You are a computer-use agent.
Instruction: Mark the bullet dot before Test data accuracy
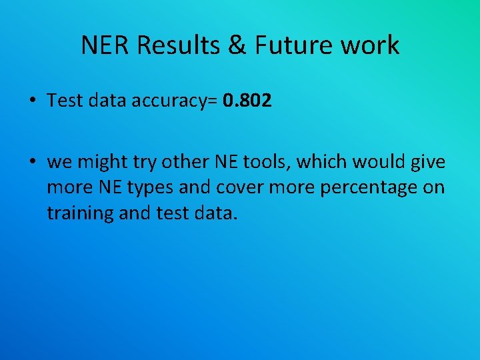click(32, 101)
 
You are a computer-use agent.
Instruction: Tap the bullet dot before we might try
click(32, 161)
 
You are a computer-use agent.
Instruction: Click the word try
click(147, 163)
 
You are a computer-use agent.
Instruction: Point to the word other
click(188, 161)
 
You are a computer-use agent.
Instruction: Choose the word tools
click(269, 161)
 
